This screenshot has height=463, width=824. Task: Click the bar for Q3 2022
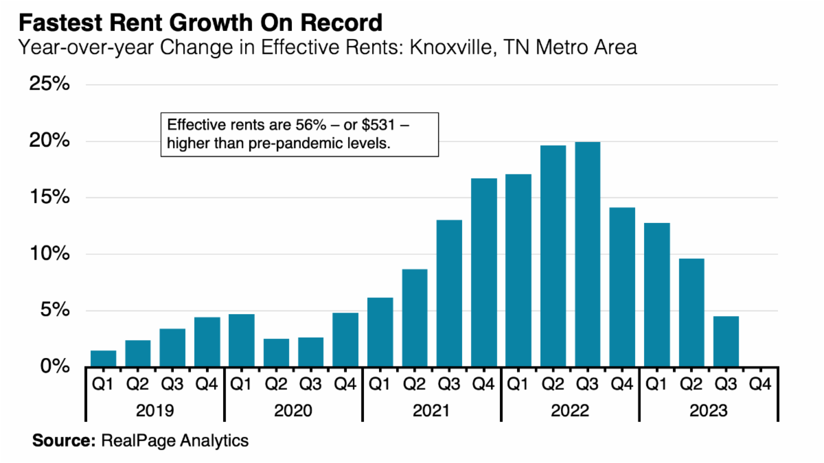click(587, 254)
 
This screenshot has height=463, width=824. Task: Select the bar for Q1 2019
click(104, 358)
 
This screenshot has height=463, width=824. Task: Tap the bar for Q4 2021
click(483, 272)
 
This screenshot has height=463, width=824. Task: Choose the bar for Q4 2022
click(622, 287)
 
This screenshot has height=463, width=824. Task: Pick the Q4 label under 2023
click(760, 384)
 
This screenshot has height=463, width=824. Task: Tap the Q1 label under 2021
click(380, 384)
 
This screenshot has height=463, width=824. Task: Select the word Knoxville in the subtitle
click(428, 47)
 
